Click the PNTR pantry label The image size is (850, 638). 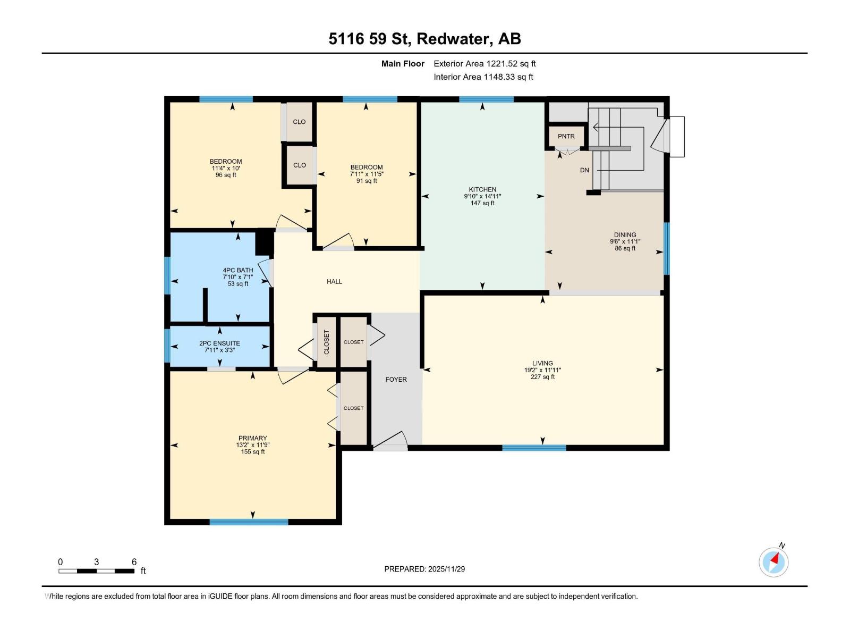pos(566,136)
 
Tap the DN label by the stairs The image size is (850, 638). pos(584,170)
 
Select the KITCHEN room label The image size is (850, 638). pos(482,189)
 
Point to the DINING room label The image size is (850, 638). pos(625,234)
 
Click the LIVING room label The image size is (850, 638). pos(542,363)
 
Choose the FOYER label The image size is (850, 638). pos(396,380)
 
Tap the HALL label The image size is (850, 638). pos(334,282)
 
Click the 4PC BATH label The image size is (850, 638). pos(238,270)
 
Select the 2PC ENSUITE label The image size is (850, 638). pos(219,343)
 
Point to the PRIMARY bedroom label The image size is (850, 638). pos(252,438)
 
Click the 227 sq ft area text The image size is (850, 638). pos(542,376)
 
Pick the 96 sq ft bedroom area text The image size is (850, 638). pos(226,175)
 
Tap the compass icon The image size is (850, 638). pos(773,562)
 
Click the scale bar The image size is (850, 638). pos(97,571)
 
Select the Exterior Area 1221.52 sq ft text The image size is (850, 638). pos(484,63)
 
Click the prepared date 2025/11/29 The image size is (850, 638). pos(446,569)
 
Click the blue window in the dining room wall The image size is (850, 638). pos(667,248)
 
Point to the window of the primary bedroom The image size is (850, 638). pos(249,522)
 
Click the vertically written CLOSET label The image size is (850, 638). pos(326,342)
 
